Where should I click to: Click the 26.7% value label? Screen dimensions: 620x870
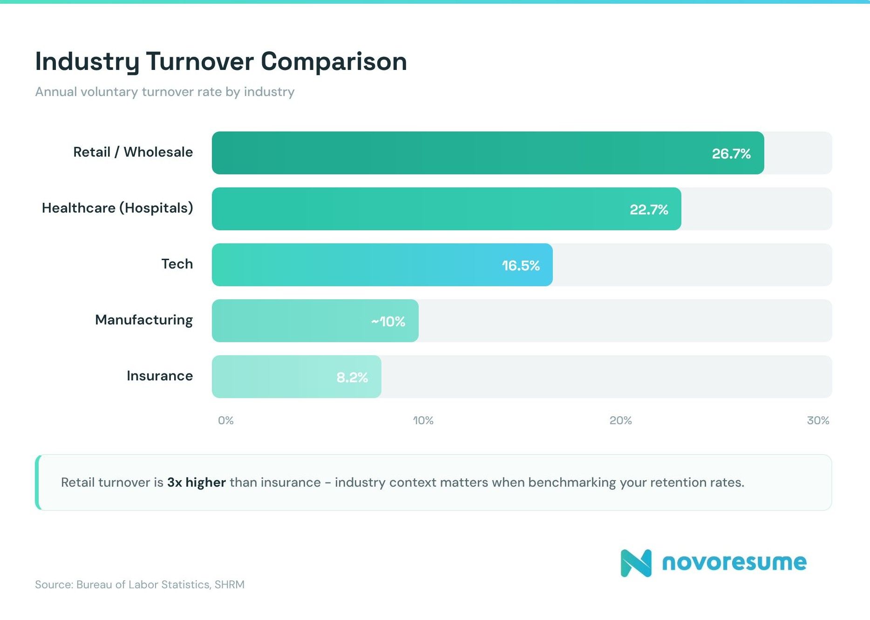731,153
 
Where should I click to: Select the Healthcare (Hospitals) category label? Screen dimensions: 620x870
117,208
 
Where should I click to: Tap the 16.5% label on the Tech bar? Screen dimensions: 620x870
520,265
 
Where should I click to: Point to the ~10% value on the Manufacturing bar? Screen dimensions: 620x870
388,321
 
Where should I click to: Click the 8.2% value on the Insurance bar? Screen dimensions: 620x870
352,377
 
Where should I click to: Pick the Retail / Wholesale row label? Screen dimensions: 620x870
133,152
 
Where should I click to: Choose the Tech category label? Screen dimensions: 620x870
177,264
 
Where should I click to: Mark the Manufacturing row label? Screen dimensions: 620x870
144,320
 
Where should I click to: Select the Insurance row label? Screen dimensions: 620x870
160,376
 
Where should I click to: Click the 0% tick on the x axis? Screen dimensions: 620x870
226,420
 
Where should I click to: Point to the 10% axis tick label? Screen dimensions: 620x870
423,420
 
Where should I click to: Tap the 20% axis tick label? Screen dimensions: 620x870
620,420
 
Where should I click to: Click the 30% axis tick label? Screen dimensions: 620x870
818,420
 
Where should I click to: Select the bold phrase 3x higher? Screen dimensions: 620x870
197,482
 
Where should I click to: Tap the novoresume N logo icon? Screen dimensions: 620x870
636,563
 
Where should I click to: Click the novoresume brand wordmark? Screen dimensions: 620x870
734,562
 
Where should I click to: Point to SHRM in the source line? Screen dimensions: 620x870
229,585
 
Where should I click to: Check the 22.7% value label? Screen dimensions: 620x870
649,209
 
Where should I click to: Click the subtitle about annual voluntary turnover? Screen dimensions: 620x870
165,92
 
